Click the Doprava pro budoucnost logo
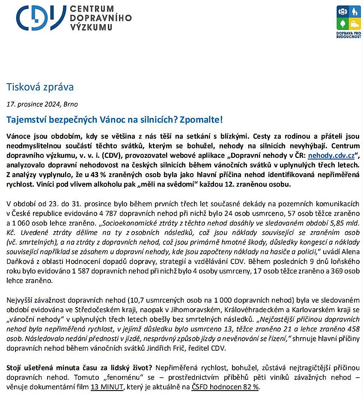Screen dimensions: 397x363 pyautogui.click(x=348, y=21)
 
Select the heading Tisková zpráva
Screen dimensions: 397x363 pyautogui.click(x=40, y=87)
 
